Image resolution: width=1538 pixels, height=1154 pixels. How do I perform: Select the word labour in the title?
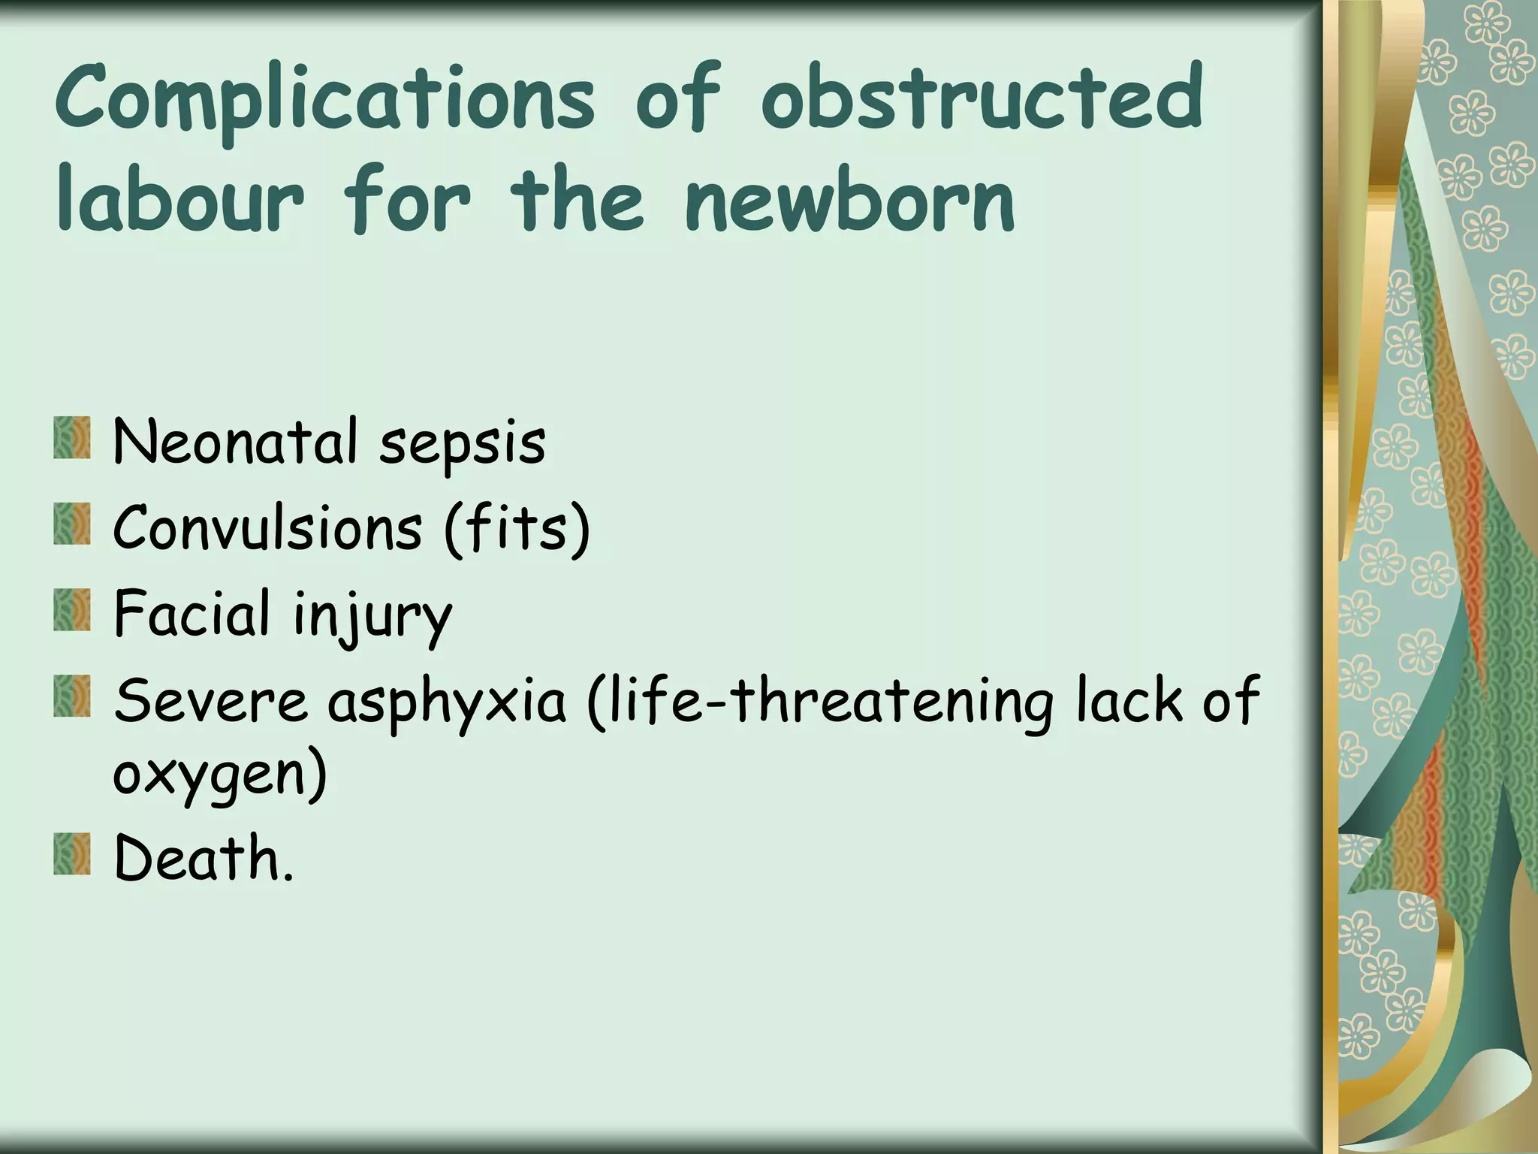180,200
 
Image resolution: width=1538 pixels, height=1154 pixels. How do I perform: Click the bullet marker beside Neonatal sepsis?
72,439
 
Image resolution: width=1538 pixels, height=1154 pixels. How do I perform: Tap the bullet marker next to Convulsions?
72,524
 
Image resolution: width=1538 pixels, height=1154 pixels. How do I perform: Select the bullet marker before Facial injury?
72,610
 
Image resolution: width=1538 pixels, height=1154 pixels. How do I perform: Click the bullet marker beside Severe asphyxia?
72,696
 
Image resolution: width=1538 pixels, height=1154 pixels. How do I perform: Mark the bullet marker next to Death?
72,855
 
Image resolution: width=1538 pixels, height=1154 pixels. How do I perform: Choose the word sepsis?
462,443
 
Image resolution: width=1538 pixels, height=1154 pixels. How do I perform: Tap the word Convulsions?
267,527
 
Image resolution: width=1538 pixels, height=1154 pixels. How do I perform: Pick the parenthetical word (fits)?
517,529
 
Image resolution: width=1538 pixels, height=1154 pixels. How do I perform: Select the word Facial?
191,613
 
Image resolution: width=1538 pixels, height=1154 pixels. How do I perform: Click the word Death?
203,858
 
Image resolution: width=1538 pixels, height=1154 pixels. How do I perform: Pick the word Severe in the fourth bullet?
211,700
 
